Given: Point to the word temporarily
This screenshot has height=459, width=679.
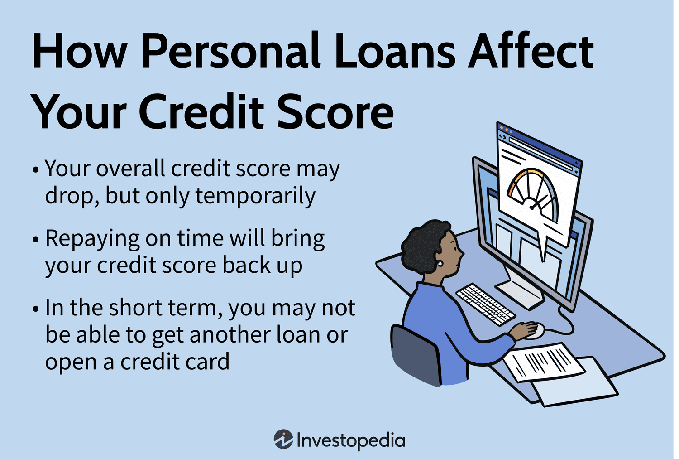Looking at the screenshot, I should tap(255, 196).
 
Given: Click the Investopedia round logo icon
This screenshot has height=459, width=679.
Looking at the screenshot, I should tap(283, 439).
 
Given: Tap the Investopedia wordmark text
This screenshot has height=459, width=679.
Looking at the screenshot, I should tap(351, 440).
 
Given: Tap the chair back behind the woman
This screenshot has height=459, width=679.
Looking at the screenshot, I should tap(414, 353).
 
